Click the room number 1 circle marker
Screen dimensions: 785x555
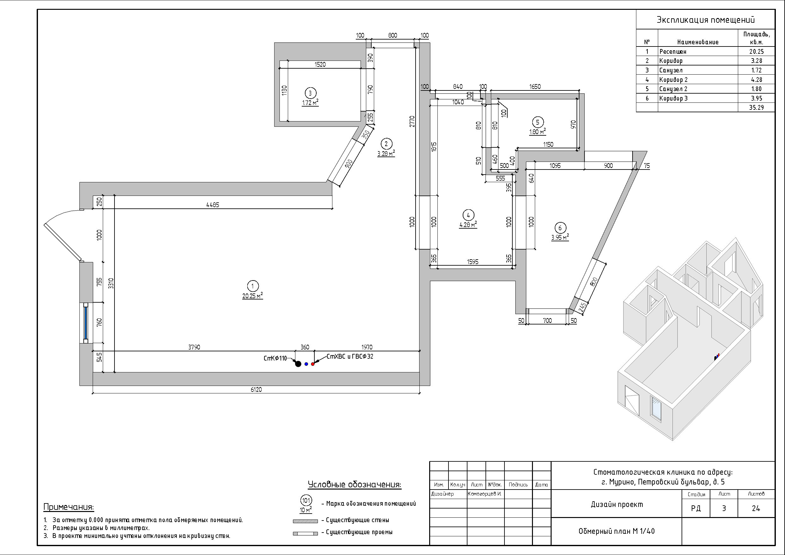(253, 286)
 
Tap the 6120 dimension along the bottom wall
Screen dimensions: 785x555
(256, 390)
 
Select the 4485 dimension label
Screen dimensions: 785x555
(213, 205)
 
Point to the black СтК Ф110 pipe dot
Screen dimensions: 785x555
(298, 364)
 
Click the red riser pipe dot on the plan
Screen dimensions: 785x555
(312, 364)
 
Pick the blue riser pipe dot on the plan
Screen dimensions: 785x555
(306, 364)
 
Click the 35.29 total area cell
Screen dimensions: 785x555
(756, 108)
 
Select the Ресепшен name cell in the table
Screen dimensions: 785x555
(673, 52)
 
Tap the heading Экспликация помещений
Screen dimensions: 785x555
(705, 20)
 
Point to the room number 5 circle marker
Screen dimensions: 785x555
(537, 122)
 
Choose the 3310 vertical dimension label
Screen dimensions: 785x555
(111, 283)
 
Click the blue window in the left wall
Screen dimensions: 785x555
(86, 322)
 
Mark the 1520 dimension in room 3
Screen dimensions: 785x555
(320, 64)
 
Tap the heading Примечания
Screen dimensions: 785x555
(69, 507)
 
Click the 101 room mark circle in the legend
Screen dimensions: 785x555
(306, 501)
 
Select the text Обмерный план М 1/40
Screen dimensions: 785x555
(616, 531)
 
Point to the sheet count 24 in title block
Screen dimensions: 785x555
(756, 509)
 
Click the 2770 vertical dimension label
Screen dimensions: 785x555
(412, 121)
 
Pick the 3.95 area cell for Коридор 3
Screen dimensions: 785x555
(756, 98)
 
